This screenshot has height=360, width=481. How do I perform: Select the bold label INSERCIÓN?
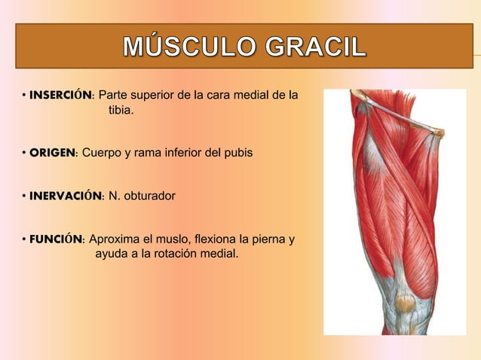pos(60,96)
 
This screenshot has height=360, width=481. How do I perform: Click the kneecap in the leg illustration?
pos(405,304)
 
